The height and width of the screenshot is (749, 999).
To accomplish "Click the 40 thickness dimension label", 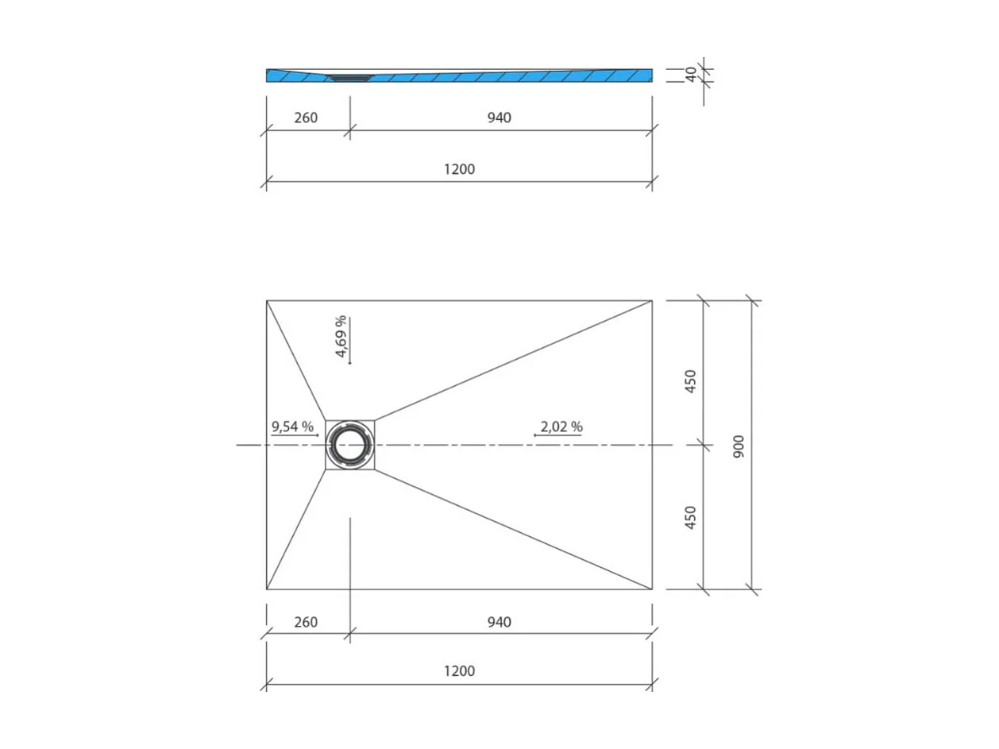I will [691, 75].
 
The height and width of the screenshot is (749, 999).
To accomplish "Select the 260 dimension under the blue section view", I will [306, 118].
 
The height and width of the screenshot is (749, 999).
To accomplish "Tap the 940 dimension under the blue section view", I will [499, 118].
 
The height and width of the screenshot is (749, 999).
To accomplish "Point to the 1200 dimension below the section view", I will [459, 168].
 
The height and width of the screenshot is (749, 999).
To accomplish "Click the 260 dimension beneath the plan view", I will [306, 622].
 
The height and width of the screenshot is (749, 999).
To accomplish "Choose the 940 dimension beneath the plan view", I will [499, 622].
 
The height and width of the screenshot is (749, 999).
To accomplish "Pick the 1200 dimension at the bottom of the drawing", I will [459, 671].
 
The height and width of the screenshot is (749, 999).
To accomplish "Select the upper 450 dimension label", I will [690, 381].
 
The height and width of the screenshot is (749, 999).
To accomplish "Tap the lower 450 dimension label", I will [690, 518].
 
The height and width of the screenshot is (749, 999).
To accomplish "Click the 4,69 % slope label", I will [340, 337].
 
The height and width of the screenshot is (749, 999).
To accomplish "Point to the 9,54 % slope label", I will [292, 427].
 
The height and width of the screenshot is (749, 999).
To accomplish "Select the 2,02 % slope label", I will [561, 427].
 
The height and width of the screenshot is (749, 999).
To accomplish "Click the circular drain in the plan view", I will [349, 445].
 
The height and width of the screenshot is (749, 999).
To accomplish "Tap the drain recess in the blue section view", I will [349, 77].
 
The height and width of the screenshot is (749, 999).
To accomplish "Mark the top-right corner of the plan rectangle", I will [652, 300].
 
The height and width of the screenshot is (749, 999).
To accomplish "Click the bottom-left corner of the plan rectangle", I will [267, 589].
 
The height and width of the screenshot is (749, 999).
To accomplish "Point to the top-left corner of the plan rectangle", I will [267, 300].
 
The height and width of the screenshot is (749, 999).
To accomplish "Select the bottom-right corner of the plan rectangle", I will [652, 589].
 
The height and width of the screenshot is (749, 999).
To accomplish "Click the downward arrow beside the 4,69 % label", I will [349, 342].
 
